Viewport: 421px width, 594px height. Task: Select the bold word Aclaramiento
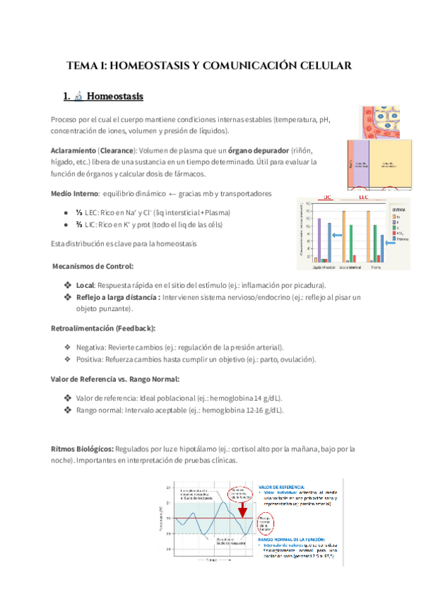click(72, 151)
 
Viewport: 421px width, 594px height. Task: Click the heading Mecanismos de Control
click(93, 266)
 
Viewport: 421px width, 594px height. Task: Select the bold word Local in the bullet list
click(85, 285)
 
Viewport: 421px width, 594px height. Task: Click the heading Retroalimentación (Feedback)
click(103, 328)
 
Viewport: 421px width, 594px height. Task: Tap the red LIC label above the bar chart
click(327, 198)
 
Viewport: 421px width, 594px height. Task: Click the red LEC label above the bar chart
click(362, 198)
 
